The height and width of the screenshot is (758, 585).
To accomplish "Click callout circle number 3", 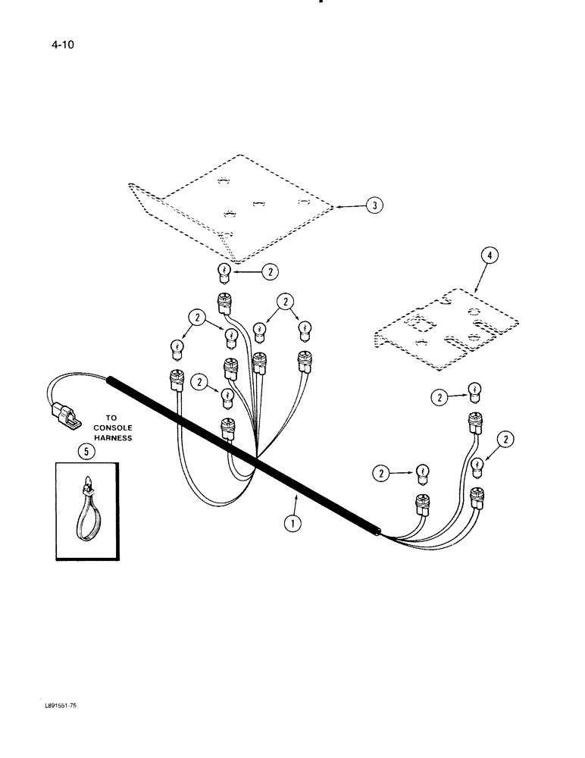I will (x=373, y=205).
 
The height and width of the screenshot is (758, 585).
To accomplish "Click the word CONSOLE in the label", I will (x=113, y=428).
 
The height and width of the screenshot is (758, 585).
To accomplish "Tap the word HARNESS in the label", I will (x=113, y=437).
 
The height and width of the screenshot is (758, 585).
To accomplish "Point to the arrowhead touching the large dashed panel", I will (x=336, y=205).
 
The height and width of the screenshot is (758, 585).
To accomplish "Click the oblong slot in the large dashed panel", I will (x=258, y=203).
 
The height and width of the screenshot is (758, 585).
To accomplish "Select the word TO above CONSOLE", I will (x=113, y=417).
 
